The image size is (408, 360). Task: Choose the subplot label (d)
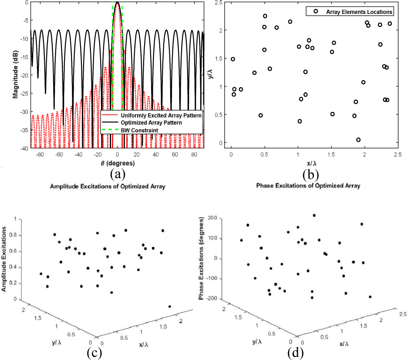point(297,353)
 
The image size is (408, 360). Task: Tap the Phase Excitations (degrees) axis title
point(202,258)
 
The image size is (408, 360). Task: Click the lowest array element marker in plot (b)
point(358,140)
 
